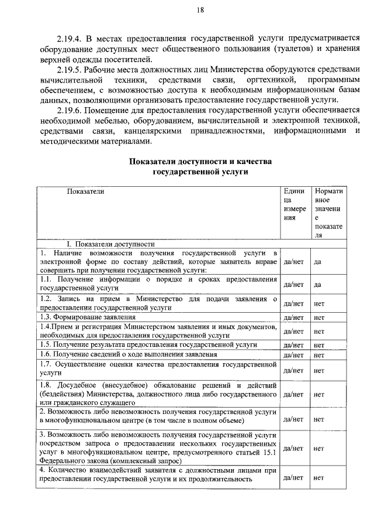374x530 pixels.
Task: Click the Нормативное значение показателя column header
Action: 328,213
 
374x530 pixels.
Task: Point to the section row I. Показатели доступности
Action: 110,244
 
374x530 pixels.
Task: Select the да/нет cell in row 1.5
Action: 292,346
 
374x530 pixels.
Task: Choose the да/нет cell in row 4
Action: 292,477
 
